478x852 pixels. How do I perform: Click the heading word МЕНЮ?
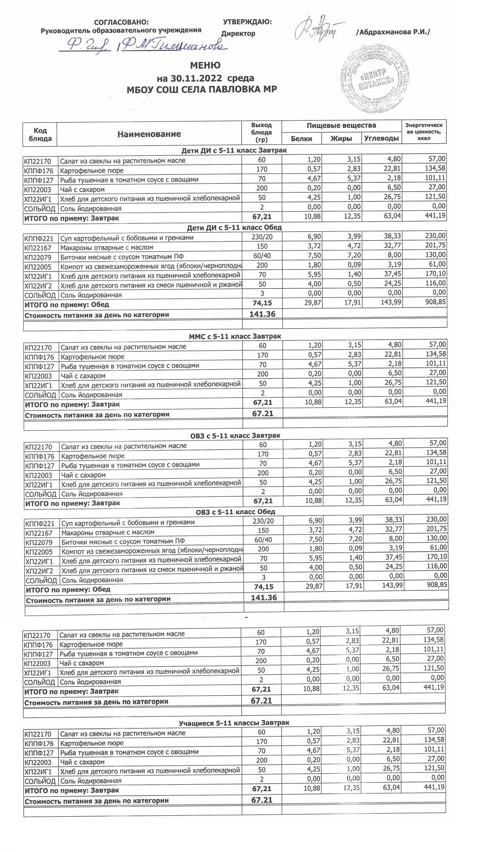click(205, 66)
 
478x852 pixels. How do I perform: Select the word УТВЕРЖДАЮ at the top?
click(247, 22)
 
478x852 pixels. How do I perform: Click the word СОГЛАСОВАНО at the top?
click(121, 23)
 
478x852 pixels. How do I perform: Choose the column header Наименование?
click(149, 134)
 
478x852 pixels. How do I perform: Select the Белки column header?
click(301, 139)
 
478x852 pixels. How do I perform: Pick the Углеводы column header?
click(381, 139)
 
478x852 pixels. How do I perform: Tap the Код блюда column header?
click(40, 134)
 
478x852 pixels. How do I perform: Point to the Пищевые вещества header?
click(341, 126)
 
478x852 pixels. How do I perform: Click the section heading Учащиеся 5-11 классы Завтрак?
click(234, 722)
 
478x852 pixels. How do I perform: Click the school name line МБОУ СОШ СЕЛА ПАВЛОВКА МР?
click(202, 89)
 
